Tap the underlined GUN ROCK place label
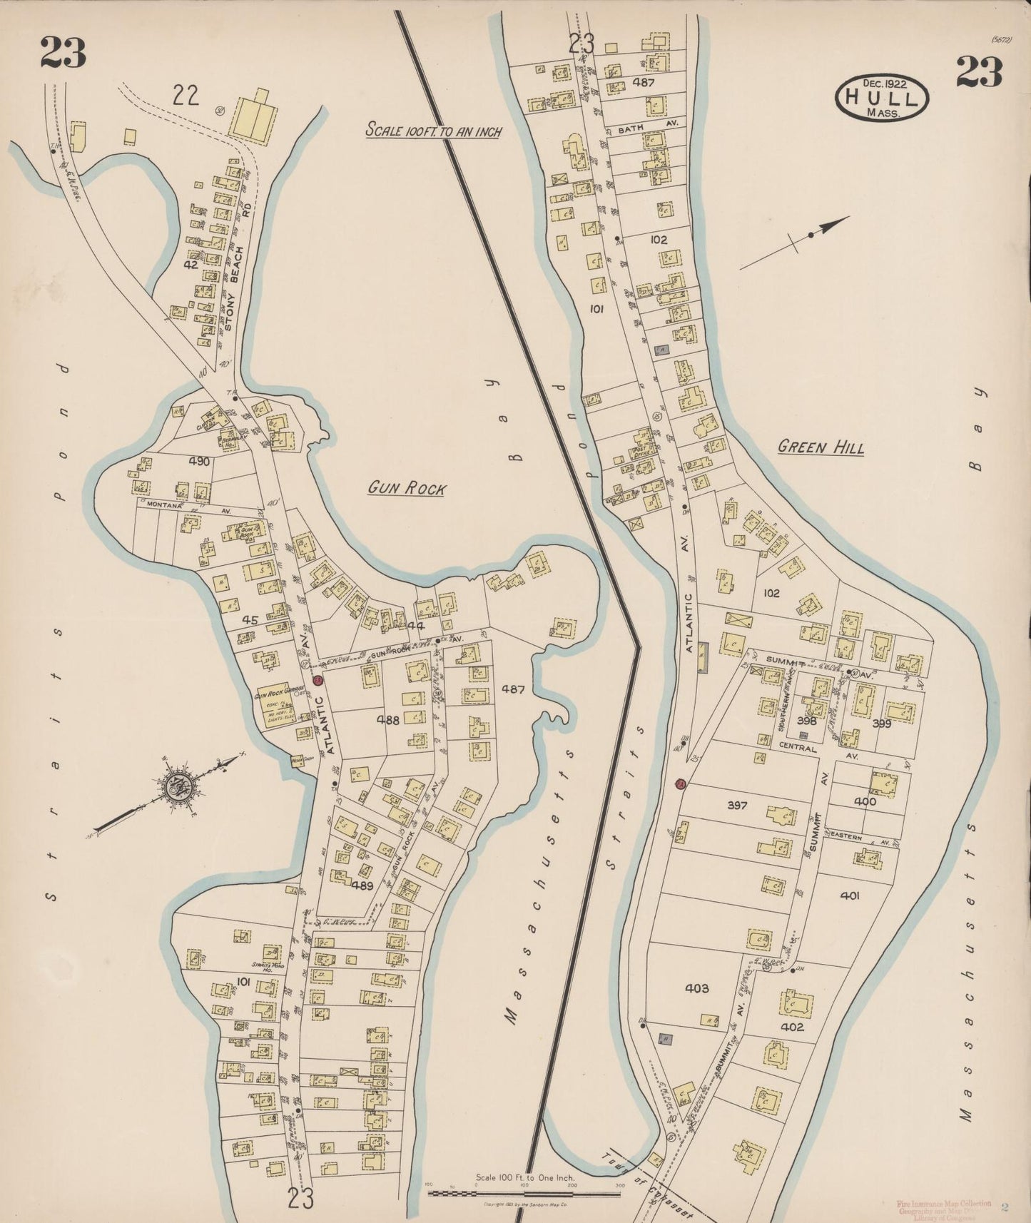tap(407, 489)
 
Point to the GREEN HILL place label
tap(821, 448)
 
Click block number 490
tap(200, 462)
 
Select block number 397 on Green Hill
tap(736, 806)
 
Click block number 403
tap(696, 988)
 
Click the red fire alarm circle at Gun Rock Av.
tap(318, 680)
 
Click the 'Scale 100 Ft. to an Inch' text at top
tap(433, 131)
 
